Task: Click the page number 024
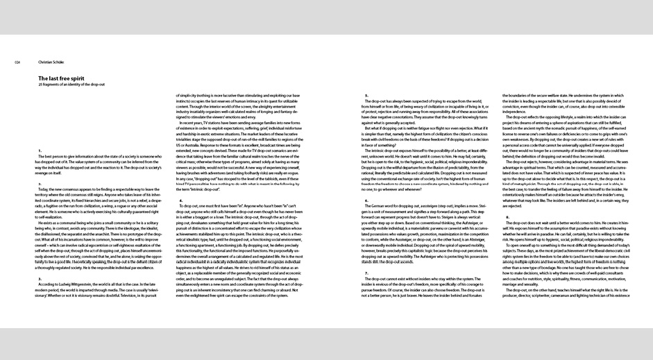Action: coord(17,62)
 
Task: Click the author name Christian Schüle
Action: coord(51,62)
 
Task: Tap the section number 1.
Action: coord(40,151)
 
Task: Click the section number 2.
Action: coord(40,182)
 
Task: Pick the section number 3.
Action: coord(40,279)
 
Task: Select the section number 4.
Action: coord(181,200)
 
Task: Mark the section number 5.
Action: coord(366,96)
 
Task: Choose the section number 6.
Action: coord(366,200)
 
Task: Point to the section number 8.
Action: coord(507,198)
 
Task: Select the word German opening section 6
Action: coord(383,205)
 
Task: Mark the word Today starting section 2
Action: coord(45,189)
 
